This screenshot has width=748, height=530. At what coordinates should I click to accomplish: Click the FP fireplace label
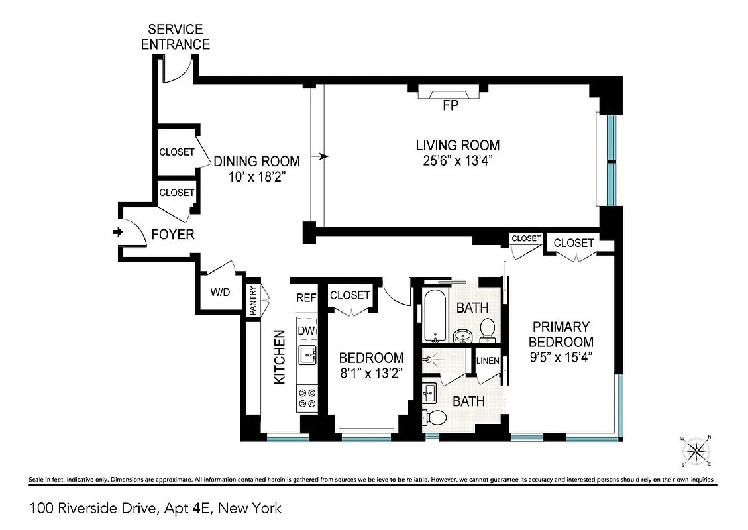[x=450, y=105]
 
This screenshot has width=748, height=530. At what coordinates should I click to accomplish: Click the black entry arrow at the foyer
[x=118, y=232]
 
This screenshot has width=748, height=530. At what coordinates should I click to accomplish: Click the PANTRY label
[x=253, y=300]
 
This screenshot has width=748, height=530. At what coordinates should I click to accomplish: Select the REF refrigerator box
[x=305, y=299]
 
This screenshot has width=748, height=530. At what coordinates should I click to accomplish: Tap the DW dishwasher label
[x=305, y=331]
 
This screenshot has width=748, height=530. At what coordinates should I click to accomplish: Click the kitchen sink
[x=307, y=356]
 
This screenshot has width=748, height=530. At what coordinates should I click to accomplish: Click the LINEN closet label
[x=488, y=361]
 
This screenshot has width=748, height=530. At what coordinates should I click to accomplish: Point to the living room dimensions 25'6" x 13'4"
[x=457, y=160]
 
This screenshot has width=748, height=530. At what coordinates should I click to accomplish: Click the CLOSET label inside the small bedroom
[x=349, y=295]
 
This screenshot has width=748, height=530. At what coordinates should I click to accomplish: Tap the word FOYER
[x=173, y=235]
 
